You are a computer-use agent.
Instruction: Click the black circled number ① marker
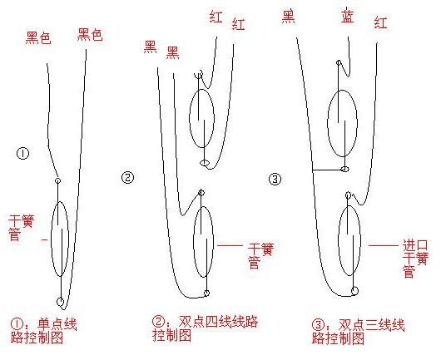[x=22, y=153]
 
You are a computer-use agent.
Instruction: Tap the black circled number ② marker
[x=127, y=177]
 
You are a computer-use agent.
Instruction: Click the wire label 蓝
[x=347, y=17]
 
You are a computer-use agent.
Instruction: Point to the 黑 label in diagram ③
[x=289, y=15]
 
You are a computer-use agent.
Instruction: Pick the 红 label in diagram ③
[x=381, y=23]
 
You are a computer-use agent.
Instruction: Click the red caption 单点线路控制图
[x=42, y=330]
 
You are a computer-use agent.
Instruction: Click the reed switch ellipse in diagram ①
[x=59, y=239]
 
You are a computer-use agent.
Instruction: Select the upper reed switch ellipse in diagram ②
[x=201, y=118]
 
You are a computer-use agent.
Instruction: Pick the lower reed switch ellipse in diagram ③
[x=349, y=234]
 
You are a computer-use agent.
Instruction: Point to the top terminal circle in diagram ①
[x=57, y=180]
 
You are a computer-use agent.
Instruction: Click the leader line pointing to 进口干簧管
[x=383, y=246]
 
